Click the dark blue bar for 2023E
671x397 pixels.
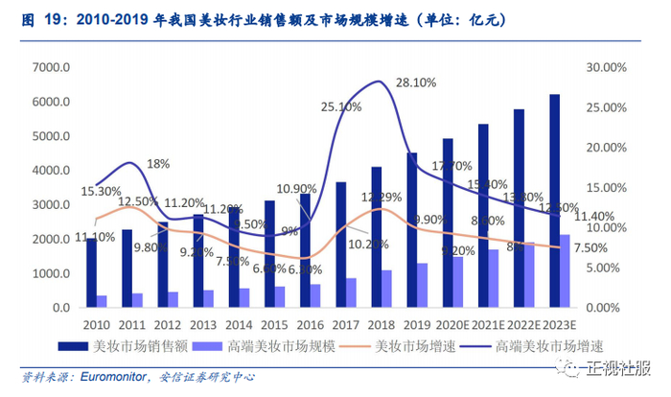553,201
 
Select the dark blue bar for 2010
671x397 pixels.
91,272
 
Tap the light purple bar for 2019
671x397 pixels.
423,285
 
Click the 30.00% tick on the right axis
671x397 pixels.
606,67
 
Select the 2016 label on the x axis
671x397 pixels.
311,324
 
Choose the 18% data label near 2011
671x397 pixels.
158,164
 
